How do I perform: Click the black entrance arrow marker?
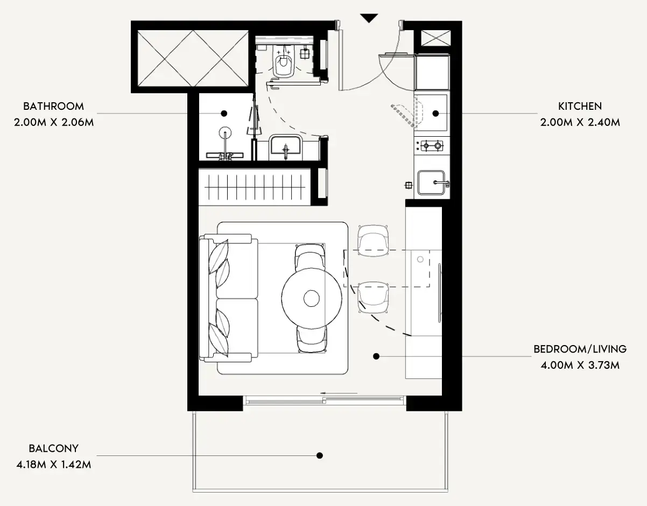coord(369,18)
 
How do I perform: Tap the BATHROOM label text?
coord(54,106)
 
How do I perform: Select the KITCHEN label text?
coord(580,106)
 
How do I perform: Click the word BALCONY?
coord(54,448)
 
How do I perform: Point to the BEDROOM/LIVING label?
coord(580,349)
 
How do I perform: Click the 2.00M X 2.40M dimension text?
coord(580,122)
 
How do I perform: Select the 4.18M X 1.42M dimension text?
coord(54,465)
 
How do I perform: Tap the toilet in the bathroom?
coord(284,61)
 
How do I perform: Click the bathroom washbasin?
coord(285,147)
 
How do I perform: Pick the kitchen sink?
coord(431,182)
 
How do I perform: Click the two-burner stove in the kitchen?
coord(432,145)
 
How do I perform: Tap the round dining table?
coord(312,298)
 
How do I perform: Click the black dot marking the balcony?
coord(320,455)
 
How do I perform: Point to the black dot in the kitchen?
coord(435,114)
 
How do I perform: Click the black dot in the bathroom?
coord(224,114)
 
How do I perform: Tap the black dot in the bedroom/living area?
coord(376,356)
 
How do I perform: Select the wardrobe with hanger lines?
coord(255,187)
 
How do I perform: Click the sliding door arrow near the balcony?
coord(339,393)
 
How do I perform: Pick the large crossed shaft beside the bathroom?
coord(193,58)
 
